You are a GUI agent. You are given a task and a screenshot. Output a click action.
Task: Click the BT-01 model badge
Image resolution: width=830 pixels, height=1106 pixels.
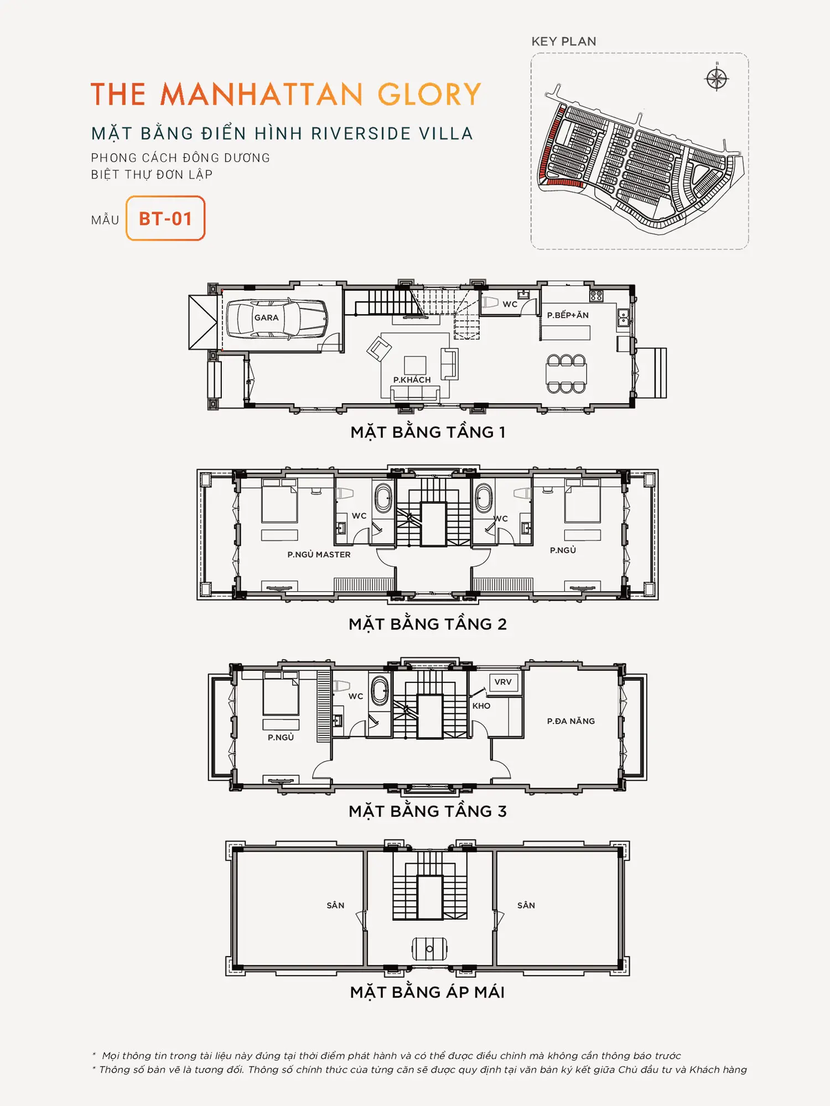click(x=165, y=218)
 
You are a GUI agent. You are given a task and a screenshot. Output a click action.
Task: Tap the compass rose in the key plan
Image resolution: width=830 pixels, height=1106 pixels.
click(x=717, y=78)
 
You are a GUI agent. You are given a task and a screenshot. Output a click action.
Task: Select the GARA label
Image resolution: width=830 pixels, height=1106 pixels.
click(x=266, y=317)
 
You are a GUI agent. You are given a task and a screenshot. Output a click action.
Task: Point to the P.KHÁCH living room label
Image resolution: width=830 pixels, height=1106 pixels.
click(x=412, y=379)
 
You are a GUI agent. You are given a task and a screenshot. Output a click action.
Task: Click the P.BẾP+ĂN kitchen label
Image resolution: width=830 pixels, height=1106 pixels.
click(x=568, y=315)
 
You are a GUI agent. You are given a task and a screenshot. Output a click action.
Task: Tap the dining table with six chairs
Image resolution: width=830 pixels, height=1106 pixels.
click(x=566, y=374)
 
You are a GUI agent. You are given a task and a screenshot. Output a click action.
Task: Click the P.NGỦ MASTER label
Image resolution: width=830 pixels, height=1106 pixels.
click(x=319, y=554)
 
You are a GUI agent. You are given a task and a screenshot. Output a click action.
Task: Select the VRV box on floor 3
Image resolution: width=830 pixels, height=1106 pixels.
click(x=503, y=682)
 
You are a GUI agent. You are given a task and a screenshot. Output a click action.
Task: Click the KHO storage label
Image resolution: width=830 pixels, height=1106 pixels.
click(x=481, y=706)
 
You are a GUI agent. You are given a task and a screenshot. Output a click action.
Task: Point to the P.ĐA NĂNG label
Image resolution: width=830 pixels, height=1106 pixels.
click(x=570, y=721)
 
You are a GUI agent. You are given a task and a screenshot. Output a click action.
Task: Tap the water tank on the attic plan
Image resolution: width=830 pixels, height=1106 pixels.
click(x=429, y=950)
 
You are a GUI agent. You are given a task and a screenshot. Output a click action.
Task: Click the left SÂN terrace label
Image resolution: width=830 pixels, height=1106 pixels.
click(x=335, y=905)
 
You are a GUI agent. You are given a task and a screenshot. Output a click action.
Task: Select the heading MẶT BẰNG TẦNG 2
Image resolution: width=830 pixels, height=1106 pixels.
click(x=428, y=624)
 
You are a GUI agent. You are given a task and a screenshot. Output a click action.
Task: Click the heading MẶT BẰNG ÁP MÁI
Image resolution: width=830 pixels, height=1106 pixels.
click(x=427, y=992)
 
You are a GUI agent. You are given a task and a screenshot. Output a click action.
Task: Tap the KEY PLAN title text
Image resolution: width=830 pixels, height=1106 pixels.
click(x=564, y=41)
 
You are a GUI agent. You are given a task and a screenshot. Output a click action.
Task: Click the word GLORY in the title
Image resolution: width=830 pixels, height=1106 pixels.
click(x=429, y=94)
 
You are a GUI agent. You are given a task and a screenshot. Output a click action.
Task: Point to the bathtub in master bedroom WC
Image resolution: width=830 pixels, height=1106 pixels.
click(x=383, y=498)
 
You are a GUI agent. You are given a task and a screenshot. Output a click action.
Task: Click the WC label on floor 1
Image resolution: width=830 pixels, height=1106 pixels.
click(x=510, y=304)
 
